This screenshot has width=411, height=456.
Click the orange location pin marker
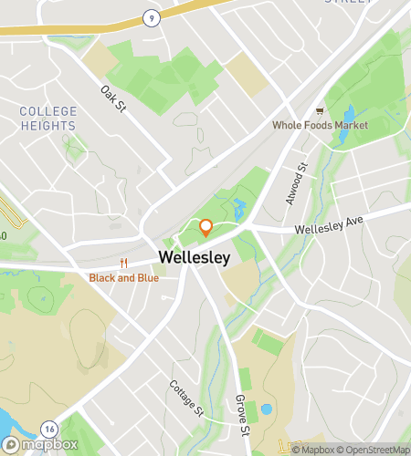[206, 226]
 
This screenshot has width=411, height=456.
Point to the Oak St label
[112, 98]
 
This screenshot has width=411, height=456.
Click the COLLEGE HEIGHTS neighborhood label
[47, 119]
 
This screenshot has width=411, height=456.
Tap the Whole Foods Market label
[320, 124]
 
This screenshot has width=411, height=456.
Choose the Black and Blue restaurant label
[123, 277]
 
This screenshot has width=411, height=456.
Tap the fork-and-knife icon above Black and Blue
[123, 264]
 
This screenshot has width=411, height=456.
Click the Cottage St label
[185, 398]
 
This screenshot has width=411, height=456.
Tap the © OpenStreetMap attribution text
[374, 449]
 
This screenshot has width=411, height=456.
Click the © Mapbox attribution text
[313, 449]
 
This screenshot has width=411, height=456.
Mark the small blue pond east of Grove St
[266, 409]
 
